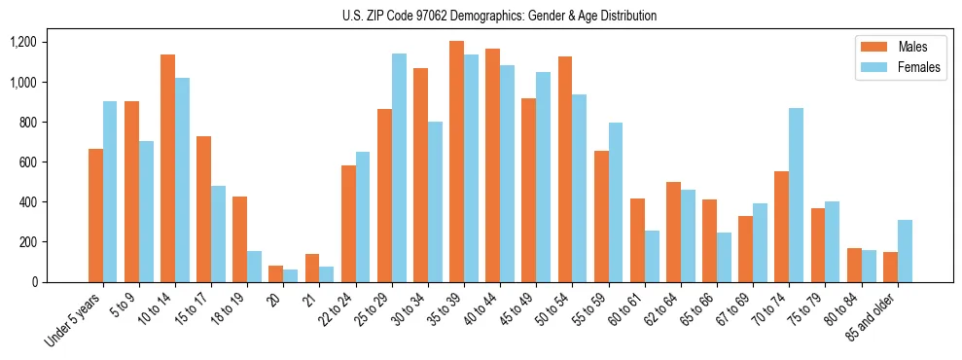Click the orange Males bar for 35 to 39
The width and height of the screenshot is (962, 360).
click(x=456, y=162)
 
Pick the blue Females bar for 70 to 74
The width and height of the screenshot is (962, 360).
click(x=797, y=195)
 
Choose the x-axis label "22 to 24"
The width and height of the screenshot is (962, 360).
click(x=333, y=310)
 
